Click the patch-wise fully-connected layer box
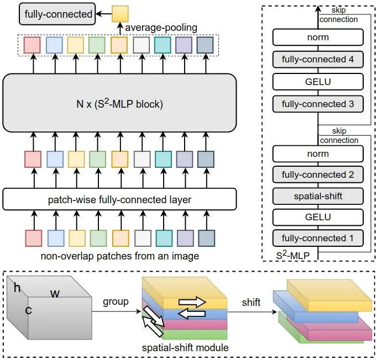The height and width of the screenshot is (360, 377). point(119,199)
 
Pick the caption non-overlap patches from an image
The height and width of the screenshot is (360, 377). point(119,256)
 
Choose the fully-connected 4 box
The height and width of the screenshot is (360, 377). point(318,58)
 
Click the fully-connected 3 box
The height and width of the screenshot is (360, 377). point(318,104)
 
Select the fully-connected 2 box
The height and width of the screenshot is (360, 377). point(318,174)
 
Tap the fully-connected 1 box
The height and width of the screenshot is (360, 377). point(318,238)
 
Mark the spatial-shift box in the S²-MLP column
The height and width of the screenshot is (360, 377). point(318,195)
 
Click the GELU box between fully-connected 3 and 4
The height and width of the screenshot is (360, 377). point(318,81)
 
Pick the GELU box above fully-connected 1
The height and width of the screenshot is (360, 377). point(318,217)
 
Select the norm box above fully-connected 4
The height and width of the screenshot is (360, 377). point(318,37)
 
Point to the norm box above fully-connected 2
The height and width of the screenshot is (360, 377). point(318,153)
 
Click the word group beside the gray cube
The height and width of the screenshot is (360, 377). point(115,302)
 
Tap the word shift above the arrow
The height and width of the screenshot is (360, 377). point(250,302)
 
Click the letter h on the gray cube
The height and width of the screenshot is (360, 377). point(17,288)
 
